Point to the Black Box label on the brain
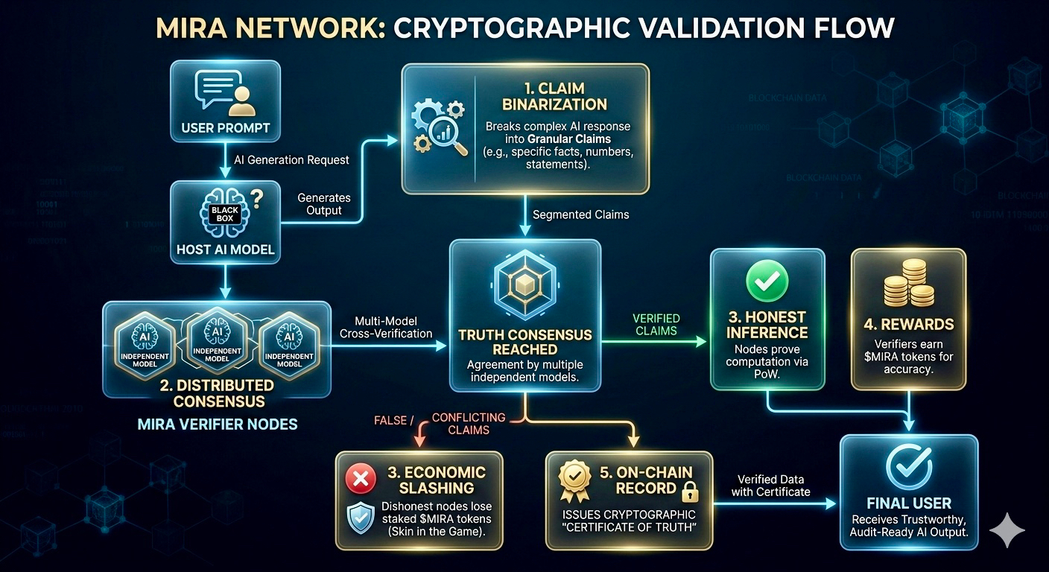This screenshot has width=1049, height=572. coord(226,214)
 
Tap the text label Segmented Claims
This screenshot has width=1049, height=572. coord(580,214)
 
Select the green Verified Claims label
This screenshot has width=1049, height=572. coord(655,324)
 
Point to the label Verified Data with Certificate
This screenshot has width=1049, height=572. coord(770,485)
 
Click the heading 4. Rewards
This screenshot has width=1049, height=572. coord(907,324)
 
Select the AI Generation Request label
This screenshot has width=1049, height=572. coord(291,159)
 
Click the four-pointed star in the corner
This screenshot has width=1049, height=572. coord(1007,530)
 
